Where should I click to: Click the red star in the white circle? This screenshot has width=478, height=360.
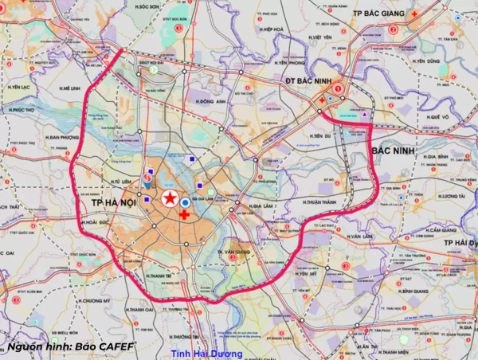[170, 199]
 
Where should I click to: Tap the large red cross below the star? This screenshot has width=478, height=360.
[184, 215]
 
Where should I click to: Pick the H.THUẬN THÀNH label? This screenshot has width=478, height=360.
[320, 202]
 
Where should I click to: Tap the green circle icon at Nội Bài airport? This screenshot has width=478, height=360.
[153, 69]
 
